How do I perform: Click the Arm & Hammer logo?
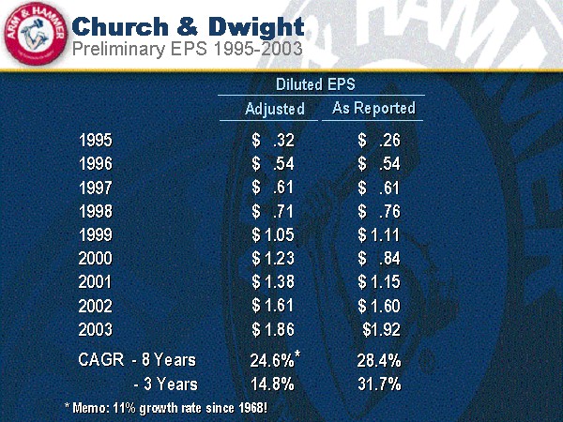pos(34,35)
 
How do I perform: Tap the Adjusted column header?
pos(275,109)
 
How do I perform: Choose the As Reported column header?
pos(373,108)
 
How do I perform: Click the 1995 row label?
pos(97,142)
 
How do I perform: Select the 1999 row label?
pos(97,235)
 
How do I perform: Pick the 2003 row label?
pos(97,329)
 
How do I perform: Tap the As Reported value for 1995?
pos(379,142)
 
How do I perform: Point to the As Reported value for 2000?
pos(379,259)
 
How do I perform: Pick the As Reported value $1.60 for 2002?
pos(379,306)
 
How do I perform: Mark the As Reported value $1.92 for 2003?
pos(381,329)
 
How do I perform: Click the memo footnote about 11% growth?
pos(166,407)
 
